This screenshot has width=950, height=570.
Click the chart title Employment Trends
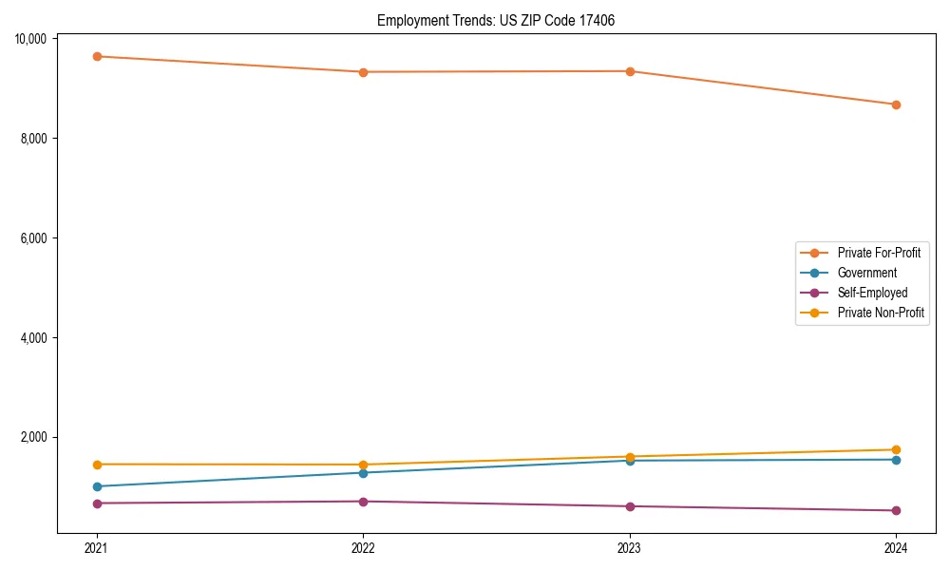(x=496, y=20)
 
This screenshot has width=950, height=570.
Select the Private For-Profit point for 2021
(x=96, y=56)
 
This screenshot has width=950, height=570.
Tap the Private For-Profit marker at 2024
(x=896, y=104)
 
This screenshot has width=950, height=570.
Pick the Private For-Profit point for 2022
(x=363, y=72)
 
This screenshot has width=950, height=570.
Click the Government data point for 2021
(x=96, y=486)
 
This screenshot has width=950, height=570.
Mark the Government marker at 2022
(x=363, y=473)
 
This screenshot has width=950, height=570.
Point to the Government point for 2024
(x=896, y=460)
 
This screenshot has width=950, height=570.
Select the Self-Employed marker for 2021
(x=96, y=503)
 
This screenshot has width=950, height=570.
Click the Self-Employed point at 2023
(x=630, y=506)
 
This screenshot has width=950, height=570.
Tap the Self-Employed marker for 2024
(x=896, y=511)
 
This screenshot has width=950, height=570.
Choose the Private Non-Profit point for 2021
(x=96, y=465)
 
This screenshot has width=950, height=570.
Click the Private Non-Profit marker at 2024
(x=896, y=449)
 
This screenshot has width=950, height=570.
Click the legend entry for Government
(x=866, y=273)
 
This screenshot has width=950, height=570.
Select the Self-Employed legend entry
(x=872, y=293)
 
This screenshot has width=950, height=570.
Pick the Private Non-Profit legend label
(x=881, y=313)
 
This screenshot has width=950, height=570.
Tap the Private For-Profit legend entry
(x=879, y=253)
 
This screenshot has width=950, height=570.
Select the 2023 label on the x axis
(x=630, y=547)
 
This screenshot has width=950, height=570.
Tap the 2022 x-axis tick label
(x=363, y=547)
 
